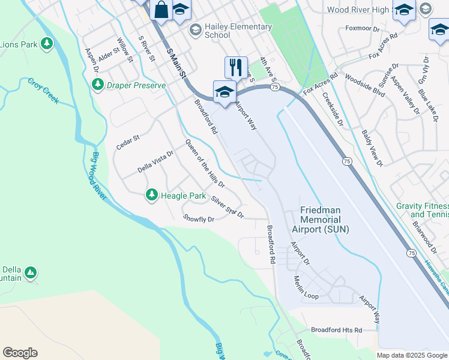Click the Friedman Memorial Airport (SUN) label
coord(320,220)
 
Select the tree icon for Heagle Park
coord(151,194)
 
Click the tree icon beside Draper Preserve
coord(97,85)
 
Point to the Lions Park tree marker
coord(46,44)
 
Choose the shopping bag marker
coord(161,10)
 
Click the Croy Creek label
coord(43,91)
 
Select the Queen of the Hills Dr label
coord(205,163)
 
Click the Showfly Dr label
coord(199,220)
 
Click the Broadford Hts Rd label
coord(336,330)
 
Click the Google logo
coord(20,353)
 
